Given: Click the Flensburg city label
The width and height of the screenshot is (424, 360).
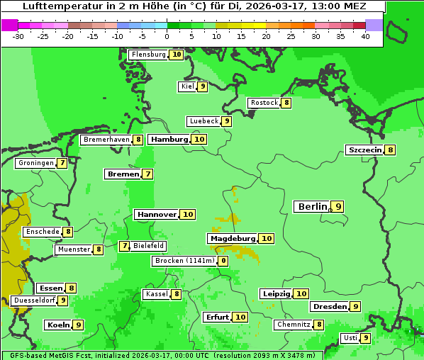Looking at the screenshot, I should click(148, 55).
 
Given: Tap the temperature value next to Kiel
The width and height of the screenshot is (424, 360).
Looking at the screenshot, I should click(202, 86).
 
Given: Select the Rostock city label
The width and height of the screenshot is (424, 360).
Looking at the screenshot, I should click(264, 103).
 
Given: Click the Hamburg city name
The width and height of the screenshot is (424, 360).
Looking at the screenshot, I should click(169, 140).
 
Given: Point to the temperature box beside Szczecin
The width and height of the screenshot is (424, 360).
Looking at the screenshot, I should click(390, 150).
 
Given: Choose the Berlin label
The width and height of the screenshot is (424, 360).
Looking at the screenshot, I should click(312, 207).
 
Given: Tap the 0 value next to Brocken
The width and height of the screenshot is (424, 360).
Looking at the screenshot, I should click(223, 261).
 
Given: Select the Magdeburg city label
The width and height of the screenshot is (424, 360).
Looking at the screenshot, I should click(232, 239).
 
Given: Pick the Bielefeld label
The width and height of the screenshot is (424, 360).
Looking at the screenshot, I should click(149, 246).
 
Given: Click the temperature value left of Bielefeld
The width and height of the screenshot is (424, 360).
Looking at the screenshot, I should click(125, 246).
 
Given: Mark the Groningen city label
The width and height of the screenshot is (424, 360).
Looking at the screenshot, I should click(35, 163).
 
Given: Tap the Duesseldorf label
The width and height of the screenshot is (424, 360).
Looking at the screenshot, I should click(33, 300).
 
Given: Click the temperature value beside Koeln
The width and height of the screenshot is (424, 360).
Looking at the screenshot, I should click(78, 325).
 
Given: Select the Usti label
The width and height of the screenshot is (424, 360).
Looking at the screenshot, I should click(350, 338).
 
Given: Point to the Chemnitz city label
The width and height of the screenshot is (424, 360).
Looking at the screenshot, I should click(294, 325).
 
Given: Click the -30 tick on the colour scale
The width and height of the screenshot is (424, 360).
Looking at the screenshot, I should click(18, 35).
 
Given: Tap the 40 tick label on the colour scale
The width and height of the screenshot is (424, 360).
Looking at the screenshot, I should click(365, 35).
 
